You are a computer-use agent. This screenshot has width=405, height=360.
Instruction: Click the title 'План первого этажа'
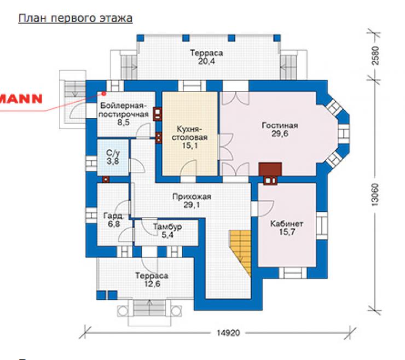(76, 19)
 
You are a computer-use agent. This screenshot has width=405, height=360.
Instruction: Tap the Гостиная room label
(280, 129)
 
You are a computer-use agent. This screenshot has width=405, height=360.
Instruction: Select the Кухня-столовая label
(189, 137)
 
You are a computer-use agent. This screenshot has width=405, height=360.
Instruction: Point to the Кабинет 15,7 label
(287, 228)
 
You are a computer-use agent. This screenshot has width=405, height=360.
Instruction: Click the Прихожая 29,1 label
(192, 201)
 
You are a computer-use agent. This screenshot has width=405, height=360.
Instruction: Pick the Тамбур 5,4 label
(167, 231)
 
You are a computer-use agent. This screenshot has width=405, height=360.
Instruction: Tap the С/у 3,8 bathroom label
(113, 157)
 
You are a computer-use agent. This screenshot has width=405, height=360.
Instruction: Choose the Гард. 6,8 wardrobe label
(113, 220)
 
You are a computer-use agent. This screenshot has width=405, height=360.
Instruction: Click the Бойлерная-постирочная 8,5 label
(124, 114)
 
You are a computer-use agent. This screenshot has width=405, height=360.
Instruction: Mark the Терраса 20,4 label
(206, 57)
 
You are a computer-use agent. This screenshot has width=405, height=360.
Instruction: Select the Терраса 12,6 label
(152, 280)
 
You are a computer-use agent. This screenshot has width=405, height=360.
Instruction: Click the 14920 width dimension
(228, 333)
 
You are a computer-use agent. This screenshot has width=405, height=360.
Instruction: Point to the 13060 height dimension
(375, 194)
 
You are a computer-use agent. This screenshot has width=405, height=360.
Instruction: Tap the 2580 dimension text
(375, 55)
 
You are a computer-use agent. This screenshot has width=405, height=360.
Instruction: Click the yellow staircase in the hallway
(241, 251)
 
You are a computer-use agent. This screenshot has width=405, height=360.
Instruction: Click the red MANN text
(21, 99)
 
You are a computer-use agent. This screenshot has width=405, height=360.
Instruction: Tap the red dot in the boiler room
(104, 94)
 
